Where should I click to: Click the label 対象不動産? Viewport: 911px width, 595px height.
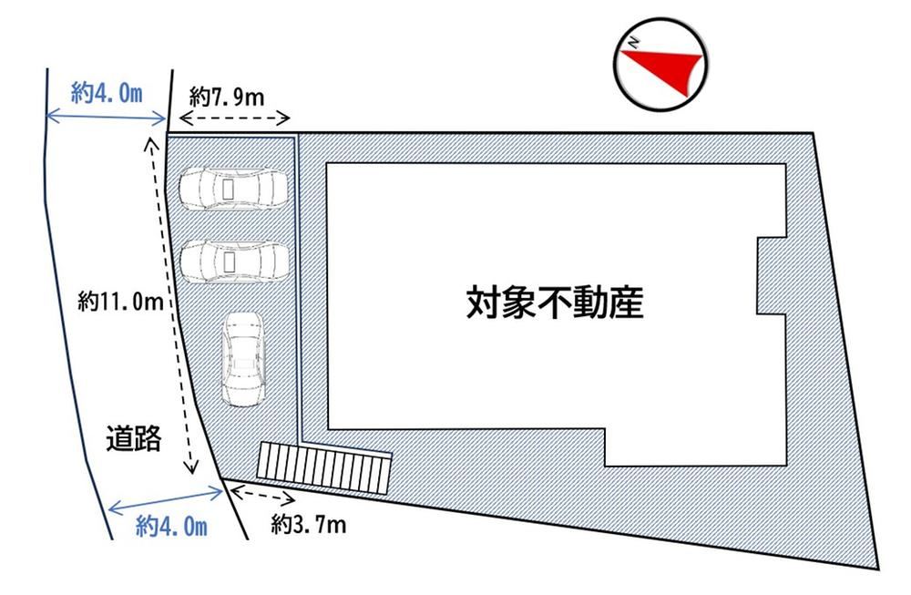click(x=555, y=303)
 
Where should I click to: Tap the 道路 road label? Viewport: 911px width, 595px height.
click(x=134, y=438)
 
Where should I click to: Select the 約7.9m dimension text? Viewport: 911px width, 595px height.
click(x=227, y=97)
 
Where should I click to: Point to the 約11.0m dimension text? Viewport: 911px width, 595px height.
click(x=120, y=301)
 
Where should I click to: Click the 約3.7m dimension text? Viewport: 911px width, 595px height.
click(x=309, y=525)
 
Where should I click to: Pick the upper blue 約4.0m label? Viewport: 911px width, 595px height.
click(x=107, y=92)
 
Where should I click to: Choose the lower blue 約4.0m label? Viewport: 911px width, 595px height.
click(x=171, y=527)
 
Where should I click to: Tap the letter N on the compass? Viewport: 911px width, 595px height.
click(x=633, y=43)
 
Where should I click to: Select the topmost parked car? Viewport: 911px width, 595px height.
click(x=233, y=189)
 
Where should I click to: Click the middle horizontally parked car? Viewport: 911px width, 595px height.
click(x=235, y=262)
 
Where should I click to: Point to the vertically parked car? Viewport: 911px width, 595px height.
click(x=244, y=359)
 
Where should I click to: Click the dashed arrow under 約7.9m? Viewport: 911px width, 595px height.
click(x=235, y=118)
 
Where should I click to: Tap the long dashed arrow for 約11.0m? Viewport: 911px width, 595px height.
click(x=171, y=305)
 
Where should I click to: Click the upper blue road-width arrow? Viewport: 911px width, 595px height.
click(x=106, y=118)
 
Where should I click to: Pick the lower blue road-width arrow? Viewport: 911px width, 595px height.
click(x=166, y=501)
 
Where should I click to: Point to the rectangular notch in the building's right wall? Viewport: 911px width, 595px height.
click(x=772, y=275)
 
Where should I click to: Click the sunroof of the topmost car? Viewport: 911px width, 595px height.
click(x=229, y=189)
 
